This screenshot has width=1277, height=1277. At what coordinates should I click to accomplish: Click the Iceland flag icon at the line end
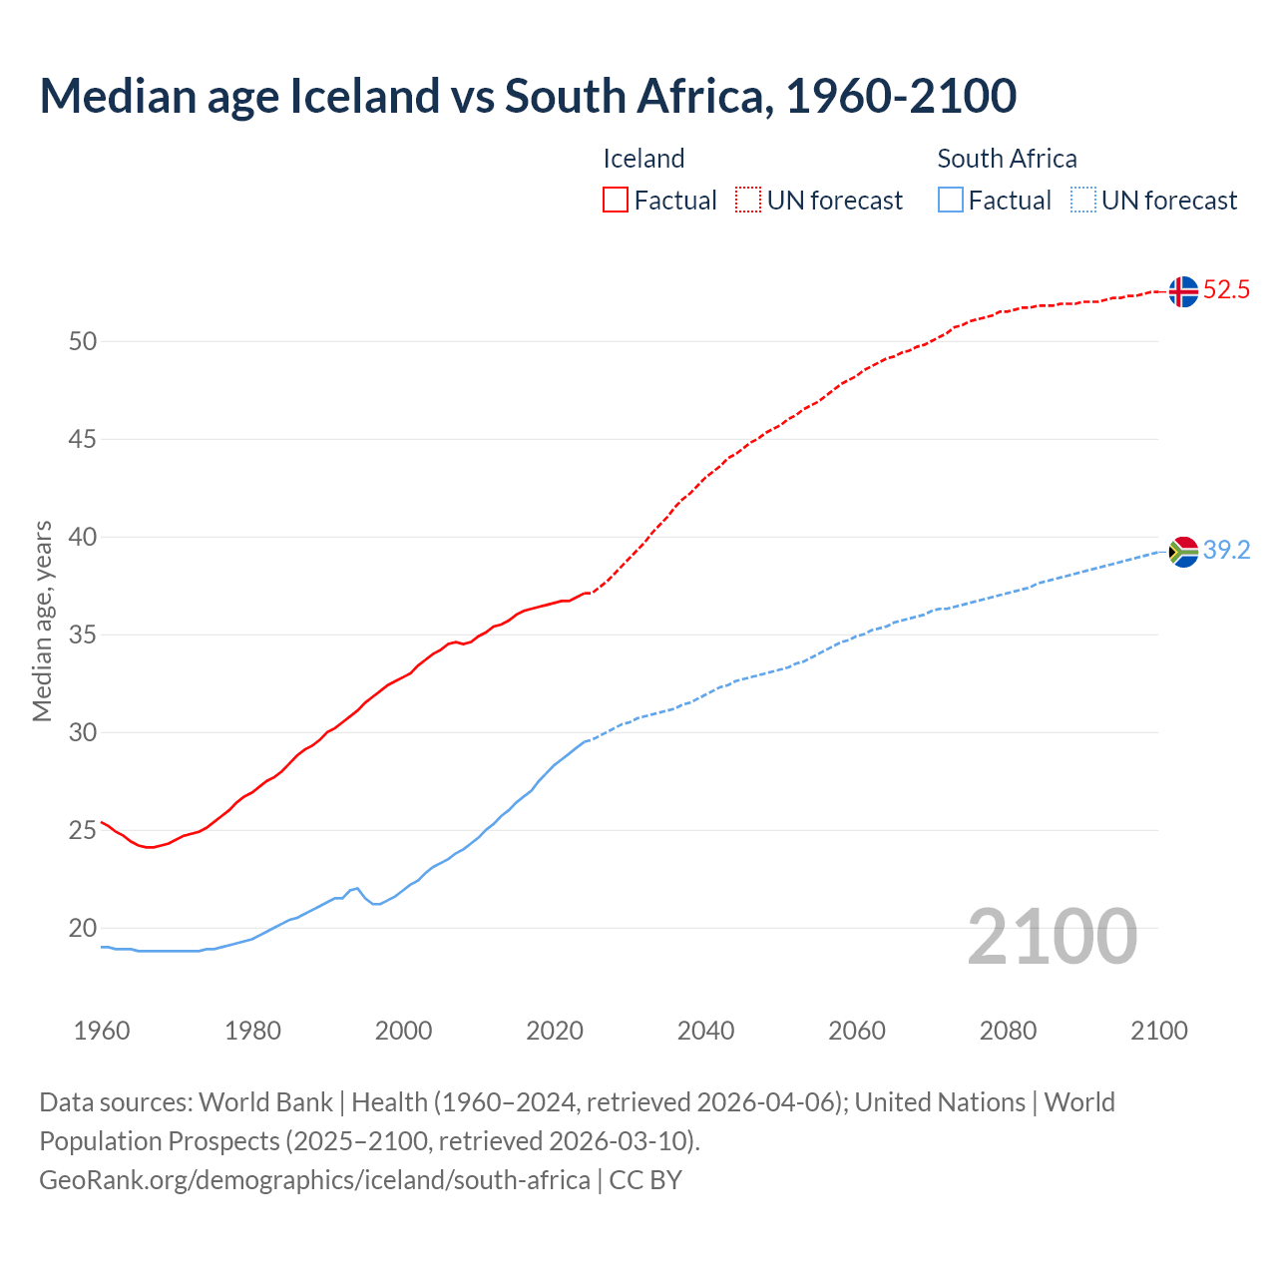(x=1183, y=291)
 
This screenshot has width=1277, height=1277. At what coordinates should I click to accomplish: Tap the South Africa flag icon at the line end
(x=1183, y=552)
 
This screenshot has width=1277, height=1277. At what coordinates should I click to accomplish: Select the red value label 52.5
(x=1226, y=290)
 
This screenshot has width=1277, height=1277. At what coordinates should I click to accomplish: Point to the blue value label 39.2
(x=1226, y=551)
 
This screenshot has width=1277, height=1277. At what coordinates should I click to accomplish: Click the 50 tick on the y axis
(x=83, y=341)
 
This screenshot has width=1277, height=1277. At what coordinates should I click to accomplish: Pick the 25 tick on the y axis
(x=83, y=830)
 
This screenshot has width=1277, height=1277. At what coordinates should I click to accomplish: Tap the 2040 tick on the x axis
(x=705, y=1031)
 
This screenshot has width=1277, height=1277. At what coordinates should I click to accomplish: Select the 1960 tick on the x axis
(x=102, y=1031)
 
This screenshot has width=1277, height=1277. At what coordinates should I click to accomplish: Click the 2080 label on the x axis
(x=1008, y=1031)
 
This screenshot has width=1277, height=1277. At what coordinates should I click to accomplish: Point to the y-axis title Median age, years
(x=42, y=621)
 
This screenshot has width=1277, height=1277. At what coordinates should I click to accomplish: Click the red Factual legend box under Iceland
(x=616, y=201)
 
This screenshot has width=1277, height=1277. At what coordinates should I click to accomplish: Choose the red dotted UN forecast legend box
(x=748, y=201)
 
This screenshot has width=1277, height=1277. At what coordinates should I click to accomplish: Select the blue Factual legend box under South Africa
(x=951, y=201)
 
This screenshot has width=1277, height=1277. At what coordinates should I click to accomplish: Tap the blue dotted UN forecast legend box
(x=1082, y=201)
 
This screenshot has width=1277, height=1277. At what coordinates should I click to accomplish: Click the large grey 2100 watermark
(x=1052, y=936)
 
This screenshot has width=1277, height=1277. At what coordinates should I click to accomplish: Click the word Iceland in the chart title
(x=364, y=96)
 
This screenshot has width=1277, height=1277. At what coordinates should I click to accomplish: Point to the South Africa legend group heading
(x=1007, y=159)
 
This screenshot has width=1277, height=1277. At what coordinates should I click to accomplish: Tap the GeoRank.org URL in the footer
(x=314, y=1180)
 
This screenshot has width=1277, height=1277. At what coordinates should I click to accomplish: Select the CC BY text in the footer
(x=645, y=1180)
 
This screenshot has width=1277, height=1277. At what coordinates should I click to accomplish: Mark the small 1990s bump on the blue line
(x=355, y=888)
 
